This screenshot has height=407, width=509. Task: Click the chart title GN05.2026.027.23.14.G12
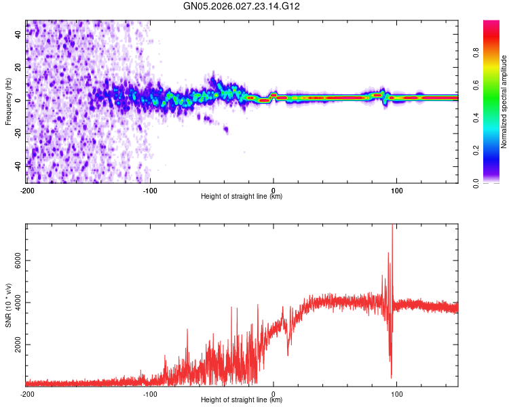click(242, 6)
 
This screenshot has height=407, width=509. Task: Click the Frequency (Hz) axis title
click(8, 101)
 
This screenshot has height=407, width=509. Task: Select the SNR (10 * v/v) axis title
click(8, 305)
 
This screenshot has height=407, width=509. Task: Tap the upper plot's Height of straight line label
click(242, 197)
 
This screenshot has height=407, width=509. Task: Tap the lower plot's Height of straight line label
click(242, 400)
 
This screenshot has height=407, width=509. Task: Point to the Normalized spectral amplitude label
click(504, 102)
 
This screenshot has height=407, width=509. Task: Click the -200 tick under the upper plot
click(26, 190)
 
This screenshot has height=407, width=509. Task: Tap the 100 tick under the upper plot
click(396, 190)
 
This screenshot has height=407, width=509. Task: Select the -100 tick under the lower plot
click(150, 393)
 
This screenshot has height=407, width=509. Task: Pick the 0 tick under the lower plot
click(274, 393)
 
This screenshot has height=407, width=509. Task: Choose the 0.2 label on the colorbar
click(477, 151)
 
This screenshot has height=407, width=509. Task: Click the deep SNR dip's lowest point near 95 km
click(391, 378)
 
